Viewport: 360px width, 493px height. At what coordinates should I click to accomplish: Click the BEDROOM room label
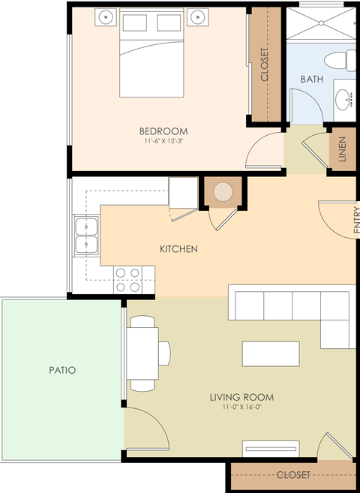coord(163,131)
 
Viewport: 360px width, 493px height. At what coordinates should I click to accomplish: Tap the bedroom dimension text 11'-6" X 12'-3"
coord(163,141)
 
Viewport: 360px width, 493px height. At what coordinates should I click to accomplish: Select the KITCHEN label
coord(178,248)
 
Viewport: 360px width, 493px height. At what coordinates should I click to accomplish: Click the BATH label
coord(311,79)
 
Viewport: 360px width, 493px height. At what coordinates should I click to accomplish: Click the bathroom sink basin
coord(344,98)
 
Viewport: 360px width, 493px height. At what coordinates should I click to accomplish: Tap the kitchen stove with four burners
coord(127,280)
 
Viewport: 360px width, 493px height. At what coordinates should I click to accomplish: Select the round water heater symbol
coord(223,192)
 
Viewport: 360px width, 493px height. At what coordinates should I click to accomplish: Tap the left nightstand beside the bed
coord(106,17)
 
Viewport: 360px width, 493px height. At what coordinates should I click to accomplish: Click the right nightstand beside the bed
coord(198,17)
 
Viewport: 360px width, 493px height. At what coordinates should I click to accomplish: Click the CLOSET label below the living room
coord(292,475)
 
